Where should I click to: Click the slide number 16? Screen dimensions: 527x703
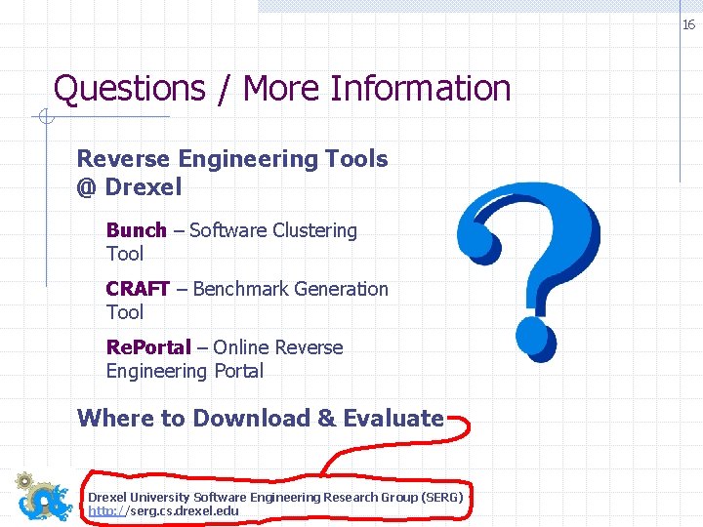[x=688, y=25]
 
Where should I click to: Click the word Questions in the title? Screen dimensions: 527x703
[x=129, y=89]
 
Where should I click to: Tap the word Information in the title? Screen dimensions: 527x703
[x=421, y=89]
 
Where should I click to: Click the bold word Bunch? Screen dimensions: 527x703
[x=136, y=230]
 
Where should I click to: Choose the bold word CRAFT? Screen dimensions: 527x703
[x=138, y=289]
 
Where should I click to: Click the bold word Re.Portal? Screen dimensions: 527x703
[x=148, y=347]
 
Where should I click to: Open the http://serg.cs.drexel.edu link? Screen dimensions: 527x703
[x=163, y=510]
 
